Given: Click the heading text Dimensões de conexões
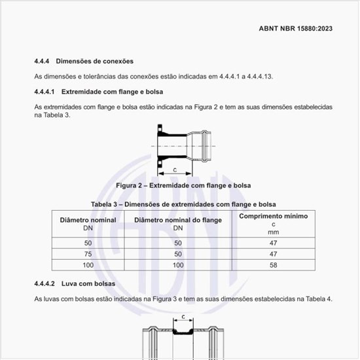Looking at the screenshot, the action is point(95,61).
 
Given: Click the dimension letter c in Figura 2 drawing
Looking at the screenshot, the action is point(175,169).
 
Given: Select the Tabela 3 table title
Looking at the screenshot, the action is point(183,204).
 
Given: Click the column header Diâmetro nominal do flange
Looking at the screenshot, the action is point(178,220).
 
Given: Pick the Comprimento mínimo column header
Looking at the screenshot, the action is point(273,216).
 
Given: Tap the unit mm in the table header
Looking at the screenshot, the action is point(273,232).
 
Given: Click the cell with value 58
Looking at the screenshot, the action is point(273,265).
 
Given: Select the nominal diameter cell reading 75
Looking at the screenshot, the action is point(88,253).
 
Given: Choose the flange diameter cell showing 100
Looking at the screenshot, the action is point(178,265).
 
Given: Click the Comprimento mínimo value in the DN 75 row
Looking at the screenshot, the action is point(273,253).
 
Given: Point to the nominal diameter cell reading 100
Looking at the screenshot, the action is point(88,265).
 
